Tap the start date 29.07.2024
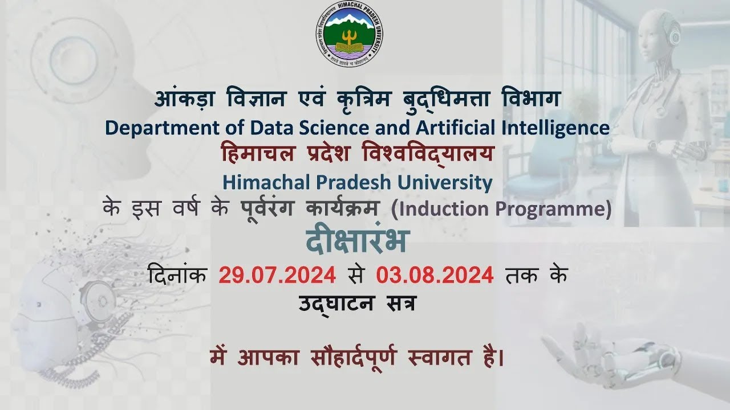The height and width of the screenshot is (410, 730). (277, 276)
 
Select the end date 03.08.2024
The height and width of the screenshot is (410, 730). (435, 276)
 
